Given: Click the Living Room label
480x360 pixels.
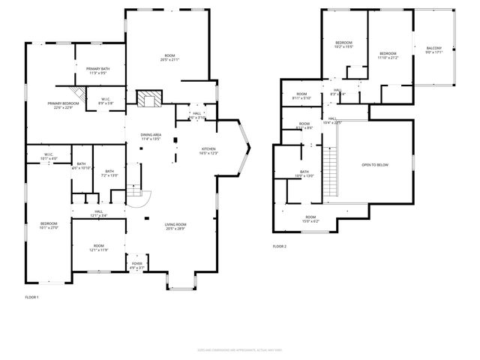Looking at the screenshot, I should coord(175,226).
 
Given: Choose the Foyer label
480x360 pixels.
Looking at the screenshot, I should coord(137,265).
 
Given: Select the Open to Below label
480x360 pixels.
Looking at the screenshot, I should coord(374,164).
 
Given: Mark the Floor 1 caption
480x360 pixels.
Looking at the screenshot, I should coord(31,298).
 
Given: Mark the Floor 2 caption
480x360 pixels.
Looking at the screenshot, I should coord(280,246).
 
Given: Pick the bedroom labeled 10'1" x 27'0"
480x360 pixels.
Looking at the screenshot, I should coord(49,226).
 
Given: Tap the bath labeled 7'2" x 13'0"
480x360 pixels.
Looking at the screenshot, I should coord(109,173).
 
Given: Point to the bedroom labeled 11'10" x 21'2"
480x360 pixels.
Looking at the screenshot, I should coord(388,55).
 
